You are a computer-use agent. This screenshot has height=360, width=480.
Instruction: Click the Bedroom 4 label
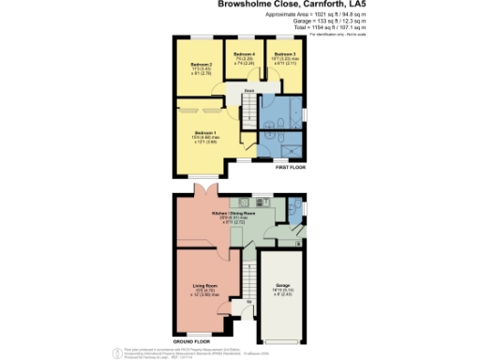pos(245,55)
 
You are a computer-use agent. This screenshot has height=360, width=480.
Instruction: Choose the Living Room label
pos(205,286)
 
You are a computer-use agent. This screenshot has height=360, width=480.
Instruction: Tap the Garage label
pos(281,286)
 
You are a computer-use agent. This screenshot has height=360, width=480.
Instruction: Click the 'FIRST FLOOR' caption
pos(290,166)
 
